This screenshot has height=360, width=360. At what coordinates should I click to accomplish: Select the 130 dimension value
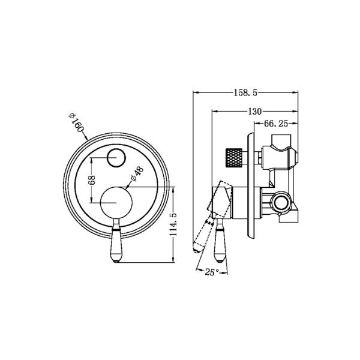click(254, 112)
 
